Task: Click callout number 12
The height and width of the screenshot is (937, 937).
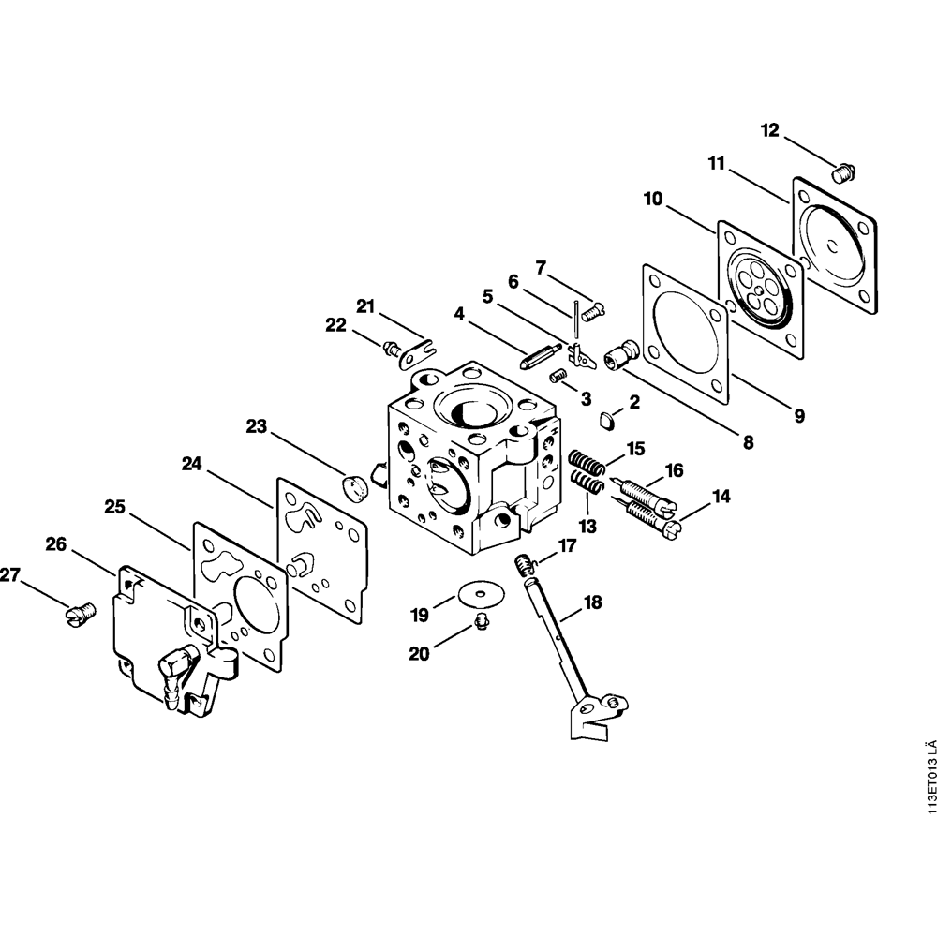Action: [x=769, y=129]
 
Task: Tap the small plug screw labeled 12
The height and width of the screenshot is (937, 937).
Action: [x=843, y=172]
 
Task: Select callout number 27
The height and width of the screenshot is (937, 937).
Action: [x=10, y=575]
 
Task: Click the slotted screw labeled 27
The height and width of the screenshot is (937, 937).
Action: [x=80, y=613]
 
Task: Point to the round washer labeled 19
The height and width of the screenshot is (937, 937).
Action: [x=482, y=593]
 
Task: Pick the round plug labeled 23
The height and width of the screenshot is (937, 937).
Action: [x=354, y=487]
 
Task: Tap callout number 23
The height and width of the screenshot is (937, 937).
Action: [x=257, y=426]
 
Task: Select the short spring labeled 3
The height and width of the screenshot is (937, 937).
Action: [x=558, y=377]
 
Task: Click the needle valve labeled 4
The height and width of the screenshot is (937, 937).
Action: [x=539, y=356]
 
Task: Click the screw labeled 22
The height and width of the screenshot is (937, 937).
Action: [x=392, y=348]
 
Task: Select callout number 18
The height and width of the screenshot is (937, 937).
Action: [x=593, y=602]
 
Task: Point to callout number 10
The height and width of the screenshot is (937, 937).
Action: [x=653, y=199]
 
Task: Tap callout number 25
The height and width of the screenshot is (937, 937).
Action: [x=114, y=507]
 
